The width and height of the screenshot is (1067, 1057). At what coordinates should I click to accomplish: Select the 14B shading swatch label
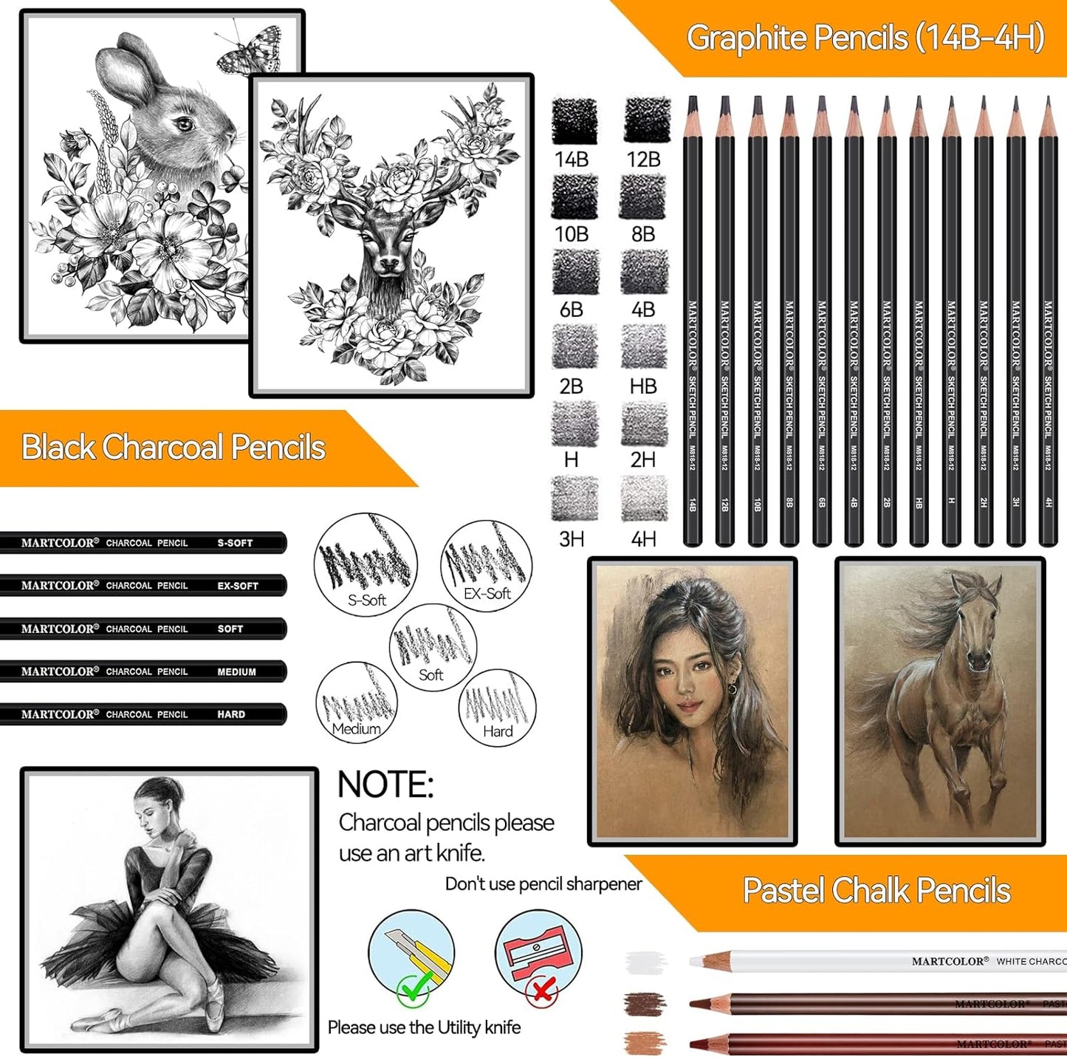click(572, 160)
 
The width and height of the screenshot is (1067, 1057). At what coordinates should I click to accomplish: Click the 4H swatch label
click(643, 539)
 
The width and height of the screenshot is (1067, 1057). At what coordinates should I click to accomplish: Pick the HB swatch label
click(643, 386)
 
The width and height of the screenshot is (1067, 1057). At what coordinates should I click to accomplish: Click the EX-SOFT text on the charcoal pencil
click(238, 586)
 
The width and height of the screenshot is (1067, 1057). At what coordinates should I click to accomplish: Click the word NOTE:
click(385, 785)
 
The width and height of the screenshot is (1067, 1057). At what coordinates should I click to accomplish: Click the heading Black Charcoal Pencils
click(174, 448)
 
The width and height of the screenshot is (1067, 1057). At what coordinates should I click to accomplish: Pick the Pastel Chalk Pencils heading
click(876, 891)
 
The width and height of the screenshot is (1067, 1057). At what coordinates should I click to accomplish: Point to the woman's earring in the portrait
click(732, 689)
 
